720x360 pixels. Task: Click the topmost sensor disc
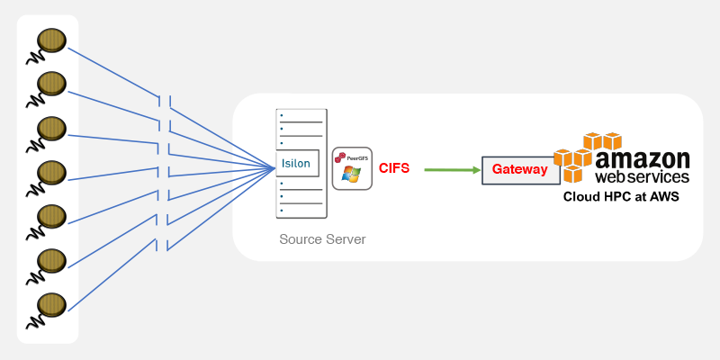point(51,40)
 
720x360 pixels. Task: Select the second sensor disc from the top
point(51,84)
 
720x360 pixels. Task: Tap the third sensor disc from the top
point(51,128)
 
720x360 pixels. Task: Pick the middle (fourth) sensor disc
point(51,172)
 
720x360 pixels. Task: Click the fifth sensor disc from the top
point(51,216)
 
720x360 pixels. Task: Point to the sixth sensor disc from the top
point(51,260)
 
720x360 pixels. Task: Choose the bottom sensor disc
point(51,303)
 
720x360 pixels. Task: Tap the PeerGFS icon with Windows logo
point(352,167)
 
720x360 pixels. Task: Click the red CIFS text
point(394,168)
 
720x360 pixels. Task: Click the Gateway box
point(519,169)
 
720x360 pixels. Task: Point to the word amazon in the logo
point(643,159)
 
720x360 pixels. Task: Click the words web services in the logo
point(643,177)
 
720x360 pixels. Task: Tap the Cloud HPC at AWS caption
point(621,196)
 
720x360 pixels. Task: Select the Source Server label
point(322,239)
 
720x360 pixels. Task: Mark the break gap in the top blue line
point(164,102)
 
